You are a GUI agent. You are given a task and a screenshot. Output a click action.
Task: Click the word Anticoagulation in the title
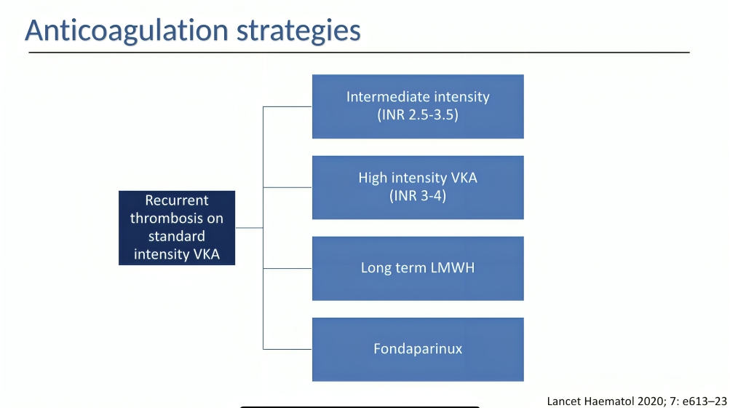pyautogui.click(x=127, y=31)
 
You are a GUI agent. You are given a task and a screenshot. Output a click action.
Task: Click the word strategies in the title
pyautogui.click(x=298, y=31)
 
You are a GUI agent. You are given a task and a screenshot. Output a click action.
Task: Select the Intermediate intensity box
pyautogui.click(x=418, y=106)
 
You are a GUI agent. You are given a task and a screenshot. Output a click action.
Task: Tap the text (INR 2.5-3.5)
pyautogui.click(x=418, y=114)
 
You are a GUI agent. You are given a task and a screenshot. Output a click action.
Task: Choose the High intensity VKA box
pyautogui.click(x=418, y=187)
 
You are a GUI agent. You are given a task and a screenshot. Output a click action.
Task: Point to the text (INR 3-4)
pyautogui.click(x=418, y=195)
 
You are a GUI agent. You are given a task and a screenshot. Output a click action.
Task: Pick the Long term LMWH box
pyautogui.click(x=418, y=268)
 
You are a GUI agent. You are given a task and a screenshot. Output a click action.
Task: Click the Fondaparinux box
pyautogui.click(x=418, y=349)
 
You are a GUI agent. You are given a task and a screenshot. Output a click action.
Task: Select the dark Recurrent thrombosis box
pyautogui.click(x=177, y=228)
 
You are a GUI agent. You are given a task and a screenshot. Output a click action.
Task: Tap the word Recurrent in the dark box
pyautogui.click(x=177, y=200)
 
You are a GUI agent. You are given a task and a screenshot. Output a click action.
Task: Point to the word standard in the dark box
pyautogui.click(x=177, y=236)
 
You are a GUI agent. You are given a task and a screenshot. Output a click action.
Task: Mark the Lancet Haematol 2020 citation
pyautogui.click(x=636, y=401)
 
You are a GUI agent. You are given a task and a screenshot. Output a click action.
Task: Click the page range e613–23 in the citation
pyautogui.click(x=705, y=401)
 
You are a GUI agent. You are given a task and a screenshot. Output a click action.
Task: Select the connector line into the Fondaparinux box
pyautogui.click(x=287, y=349)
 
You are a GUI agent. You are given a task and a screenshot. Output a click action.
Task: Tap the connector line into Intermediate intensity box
pyautogui.click(x=287, y=107)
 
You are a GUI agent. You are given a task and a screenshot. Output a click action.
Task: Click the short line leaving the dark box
pyautogui.click(x=249, y=227)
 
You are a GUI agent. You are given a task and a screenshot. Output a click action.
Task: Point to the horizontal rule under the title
pyautogui.click(x=359, y=52)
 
